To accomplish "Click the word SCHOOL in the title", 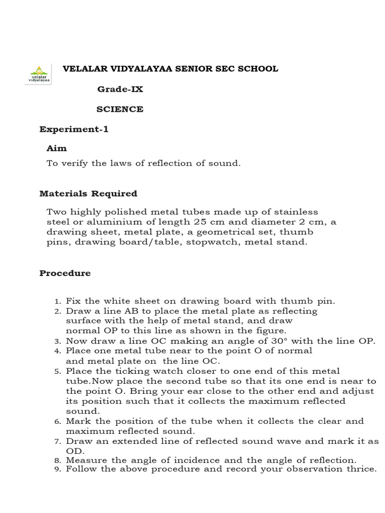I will click(259, 69).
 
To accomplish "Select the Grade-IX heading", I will click(120, 89).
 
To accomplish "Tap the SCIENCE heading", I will click(120, 109).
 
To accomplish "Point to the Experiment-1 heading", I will click(74, 129).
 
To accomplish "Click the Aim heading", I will click(56, 148).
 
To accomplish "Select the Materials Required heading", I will click(88, 193).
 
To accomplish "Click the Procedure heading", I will click(65, 273).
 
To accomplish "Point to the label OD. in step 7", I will click(74, 451).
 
